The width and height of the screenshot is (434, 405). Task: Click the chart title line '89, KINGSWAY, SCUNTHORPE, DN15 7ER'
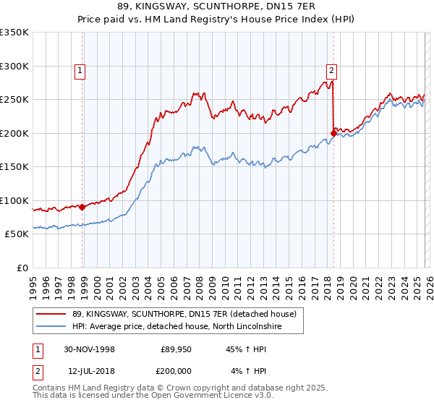[217, 7]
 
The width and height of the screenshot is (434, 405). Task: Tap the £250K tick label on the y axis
[14, 99]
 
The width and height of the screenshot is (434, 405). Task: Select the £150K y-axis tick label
[14, 166]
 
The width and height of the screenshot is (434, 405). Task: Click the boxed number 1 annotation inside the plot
[79, 70]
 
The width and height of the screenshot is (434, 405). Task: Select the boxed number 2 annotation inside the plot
[331, 70]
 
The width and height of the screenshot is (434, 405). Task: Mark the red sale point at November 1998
[82, 207]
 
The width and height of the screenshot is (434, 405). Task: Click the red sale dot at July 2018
[333, 133]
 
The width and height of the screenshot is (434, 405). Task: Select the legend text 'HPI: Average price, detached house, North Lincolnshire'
[176, 327]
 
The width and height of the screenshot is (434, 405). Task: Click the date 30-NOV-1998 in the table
[90, 349]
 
